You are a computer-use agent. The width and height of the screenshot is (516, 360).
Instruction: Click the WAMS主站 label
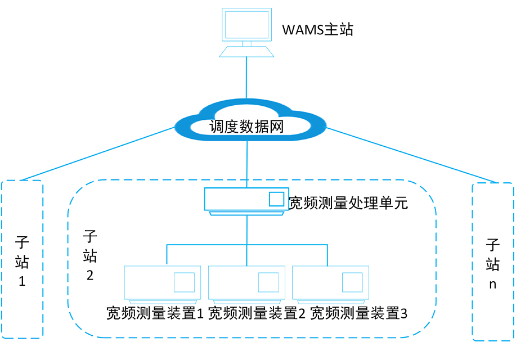click(317, 29)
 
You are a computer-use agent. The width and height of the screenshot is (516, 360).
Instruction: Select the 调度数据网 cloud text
click(246, 127)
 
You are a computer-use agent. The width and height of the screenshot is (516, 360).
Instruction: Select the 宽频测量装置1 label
click(155, 313)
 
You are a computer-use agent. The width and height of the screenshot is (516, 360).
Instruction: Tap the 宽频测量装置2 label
click(257, 313)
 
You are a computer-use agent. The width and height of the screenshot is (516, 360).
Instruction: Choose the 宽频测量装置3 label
click(359, 313)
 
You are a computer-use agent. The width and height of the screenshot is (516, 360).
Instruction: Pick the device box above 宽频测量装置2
click(236, 281)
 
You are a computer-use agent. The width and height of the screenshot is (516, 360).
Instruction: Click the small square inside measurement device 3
click(353, 282)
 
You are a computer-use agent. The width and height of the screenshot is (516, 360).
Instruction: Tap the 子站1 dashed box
click(23, 304)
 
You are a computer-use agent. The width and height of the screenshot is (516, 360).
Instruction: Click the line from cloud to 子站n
click(411, 156)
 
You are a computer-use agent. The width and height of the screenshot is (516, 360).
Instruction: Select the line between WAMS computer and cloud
click(246, 79)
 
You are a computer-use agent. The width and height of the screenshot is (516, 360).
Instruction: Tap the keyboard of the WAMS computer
click(246, 52)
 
